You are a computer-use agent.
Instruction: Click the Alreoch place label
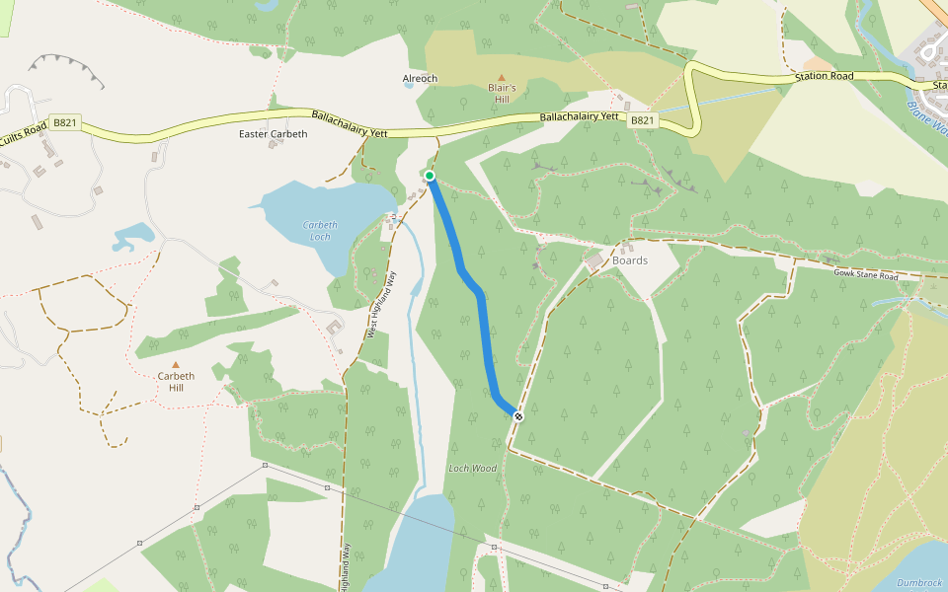pyautogui.click(x=420, y=79)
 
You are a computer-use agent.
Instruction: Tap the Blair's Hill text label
pyautogui.click(x=501, y=94)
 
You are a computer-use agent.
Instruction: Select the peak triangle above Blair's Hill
pyautogui.click(x=501, y=77)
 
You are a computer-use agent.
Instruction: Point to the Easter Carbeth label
pyautogui.click(x=274, y=133)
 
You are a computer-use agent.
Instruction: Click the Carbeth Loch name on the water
pyautogui.click(x=319, y=231)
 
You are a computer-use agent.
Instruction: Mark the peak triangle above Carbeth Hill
pyautogui.click(x=176, y=365)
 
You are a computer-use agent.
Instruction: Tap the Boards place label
pyautogui.click(x=630, y=260)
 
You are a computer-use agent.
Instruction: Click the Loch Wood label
pyautogui.click(x=472, y=469)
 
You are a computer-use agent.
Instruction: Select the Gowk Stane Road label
pyautogui.click(x=866, y=273)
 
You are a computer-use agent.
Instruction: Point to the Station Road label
pyautogui.click(x=825, y=76)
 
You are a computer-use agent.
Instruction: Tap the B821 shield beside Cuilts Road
pyautogui.click(x=65, y=122)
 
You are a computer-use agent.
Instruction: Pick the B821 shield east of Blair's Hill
pyautogui.click(x=642, y=120)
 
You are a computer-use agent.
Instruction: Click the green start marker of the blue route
pyautogui.click(x=430, y=176)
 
